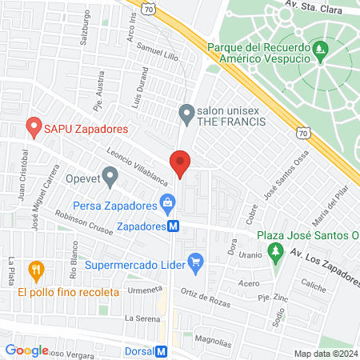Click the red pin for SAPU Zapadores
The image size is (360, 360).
point(34,126)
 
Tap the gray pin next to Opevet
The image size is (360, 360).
point(110,174)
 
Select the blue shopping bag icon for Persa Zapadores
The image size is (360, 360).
point(166,204)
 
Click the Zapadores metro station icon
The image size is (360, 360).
point(173,226)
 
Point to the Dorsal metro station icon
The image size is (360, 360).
point(162,350)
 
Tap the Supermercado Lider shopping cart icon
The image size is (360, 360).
point(194,260)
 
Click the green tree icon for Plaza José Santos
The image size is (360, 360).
point(276,253)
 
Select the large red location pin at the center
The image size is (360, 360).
point(182,164)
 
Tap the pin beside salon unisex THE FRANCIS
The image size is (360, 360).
point(186,114)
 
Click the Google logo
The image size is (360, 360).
point(26,350)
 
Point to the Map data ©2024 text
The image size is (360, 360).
point(324,353)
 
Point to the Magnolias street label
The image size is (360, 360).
point(212,338)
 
